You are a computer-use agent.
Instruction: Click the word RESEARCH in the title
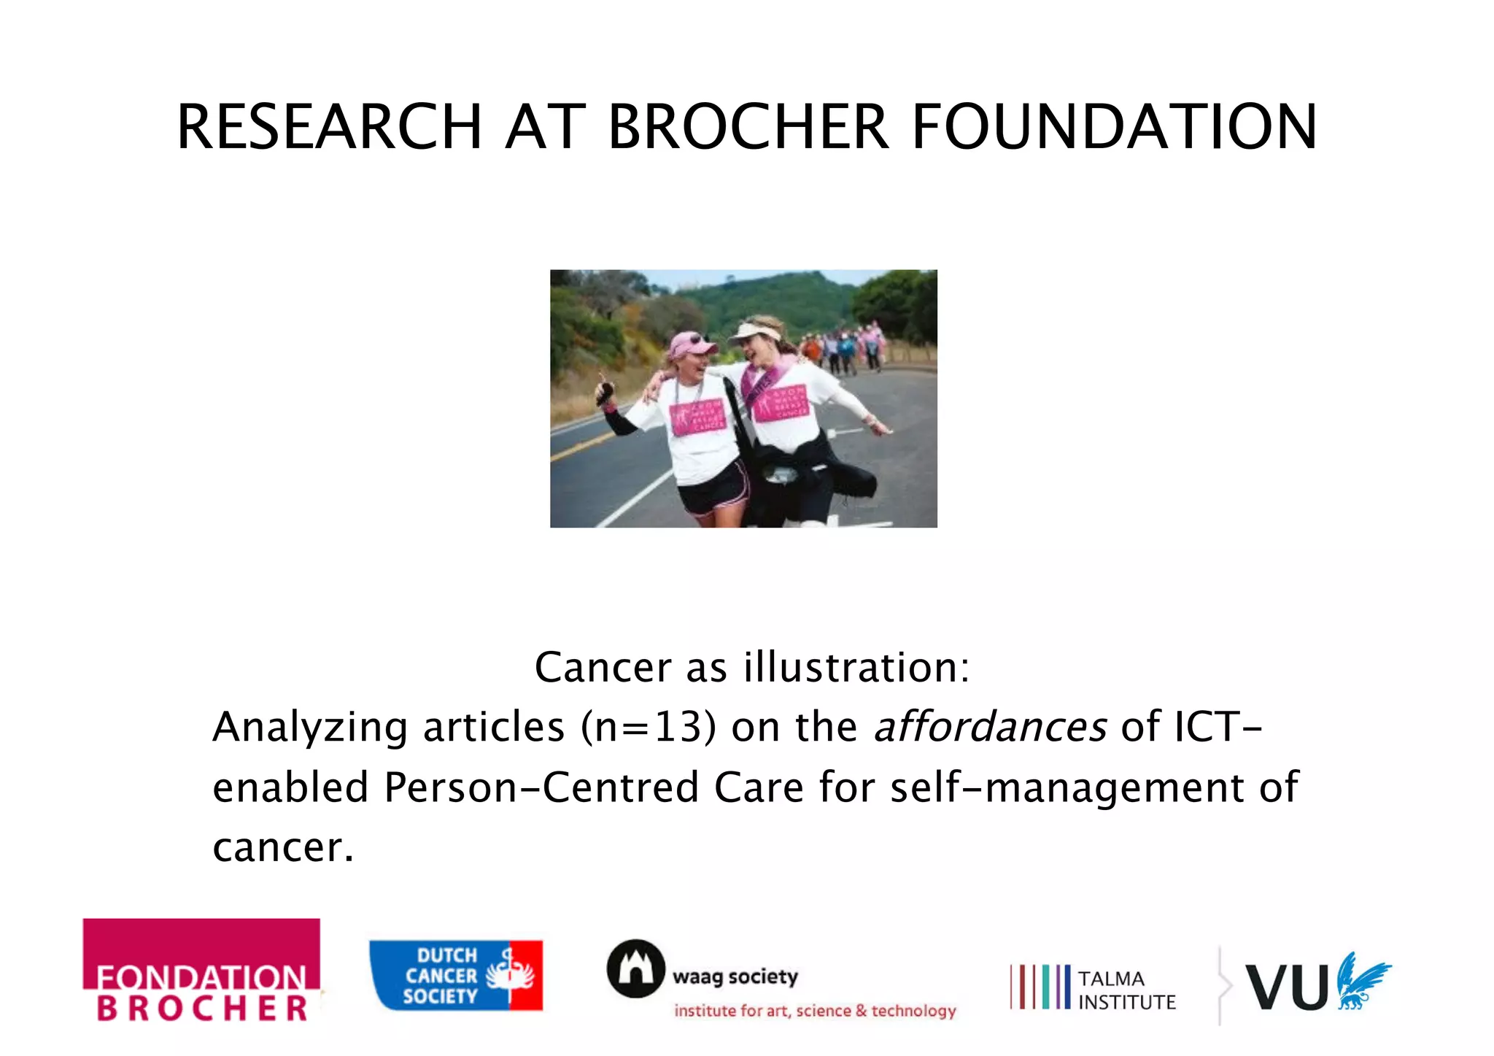(329, 127)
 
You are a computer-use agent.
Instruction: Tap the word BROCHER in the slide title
(748, 127)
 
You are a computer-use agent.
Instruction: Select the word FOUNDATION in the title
(1114, 127)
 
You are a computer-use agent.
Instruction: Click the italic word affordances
(990, 728)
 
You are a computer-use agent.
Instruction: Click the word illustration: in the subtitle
(856, 667)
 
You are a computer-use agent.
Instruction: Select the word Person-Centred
(541, 787)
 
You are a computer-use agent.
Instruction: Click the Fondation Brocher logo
(201, 971)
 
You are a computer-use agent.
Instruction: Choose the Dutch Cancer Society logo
(456, 976)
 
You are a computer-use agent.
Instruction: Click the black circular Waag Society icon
(635, 968)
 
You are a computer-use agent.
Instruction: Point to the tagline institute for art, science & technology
(815, 1011)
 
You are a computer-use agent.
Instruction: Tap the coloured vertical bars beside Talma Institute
(1040, 987)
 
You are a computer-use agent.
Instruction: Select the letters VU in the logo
(1286, 987)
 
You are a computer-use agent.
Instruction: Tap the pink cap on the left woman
(690, 343)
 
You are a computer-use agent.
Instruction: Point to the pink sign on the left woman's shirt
(697, 418)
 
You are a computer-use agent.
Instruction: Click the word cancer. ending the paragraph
(283, 847)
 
